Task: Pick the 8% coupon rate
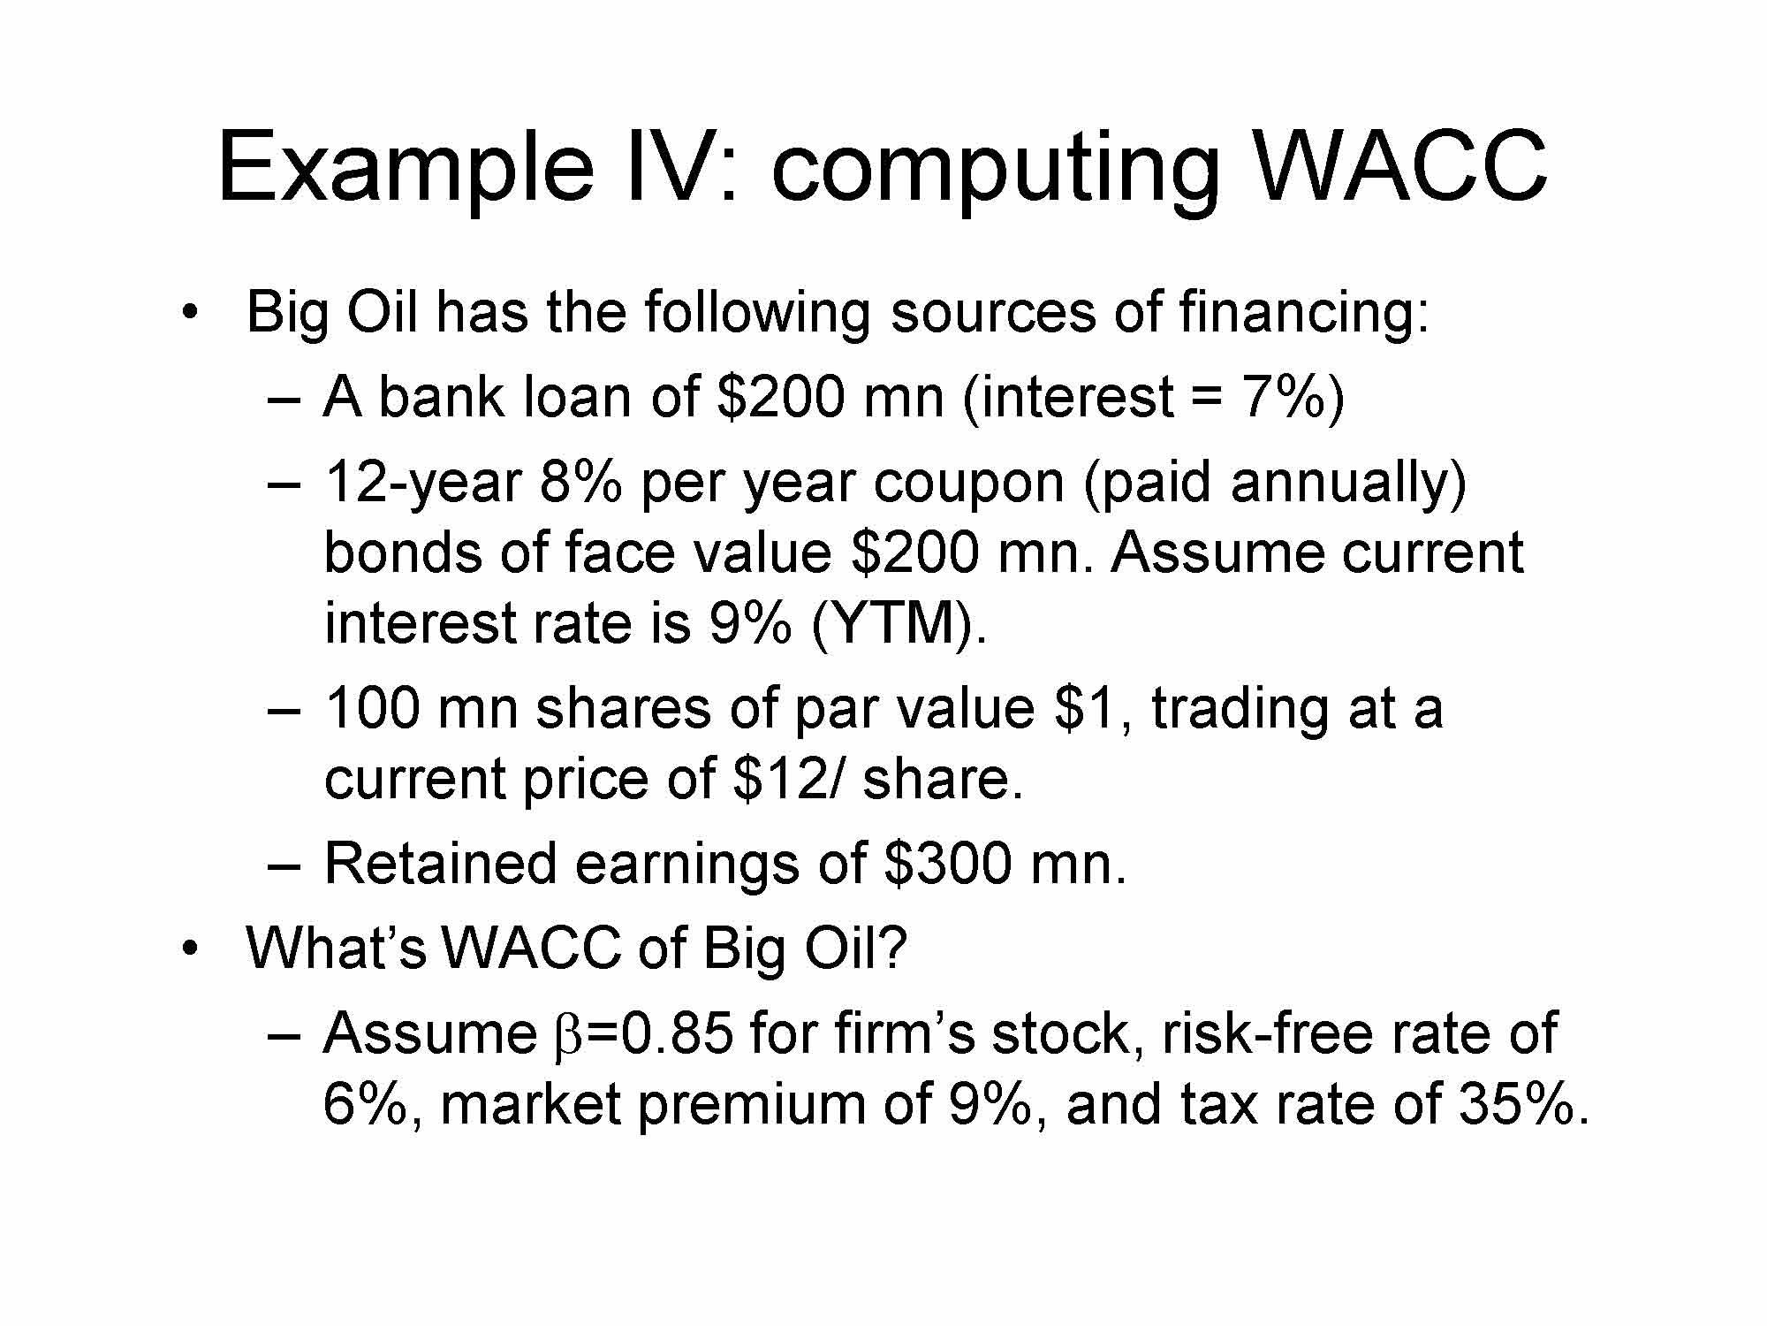coord(580,483)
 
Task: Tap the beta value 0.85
coord(678,1033)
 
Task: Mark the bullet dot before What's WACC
coord(188,950)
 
